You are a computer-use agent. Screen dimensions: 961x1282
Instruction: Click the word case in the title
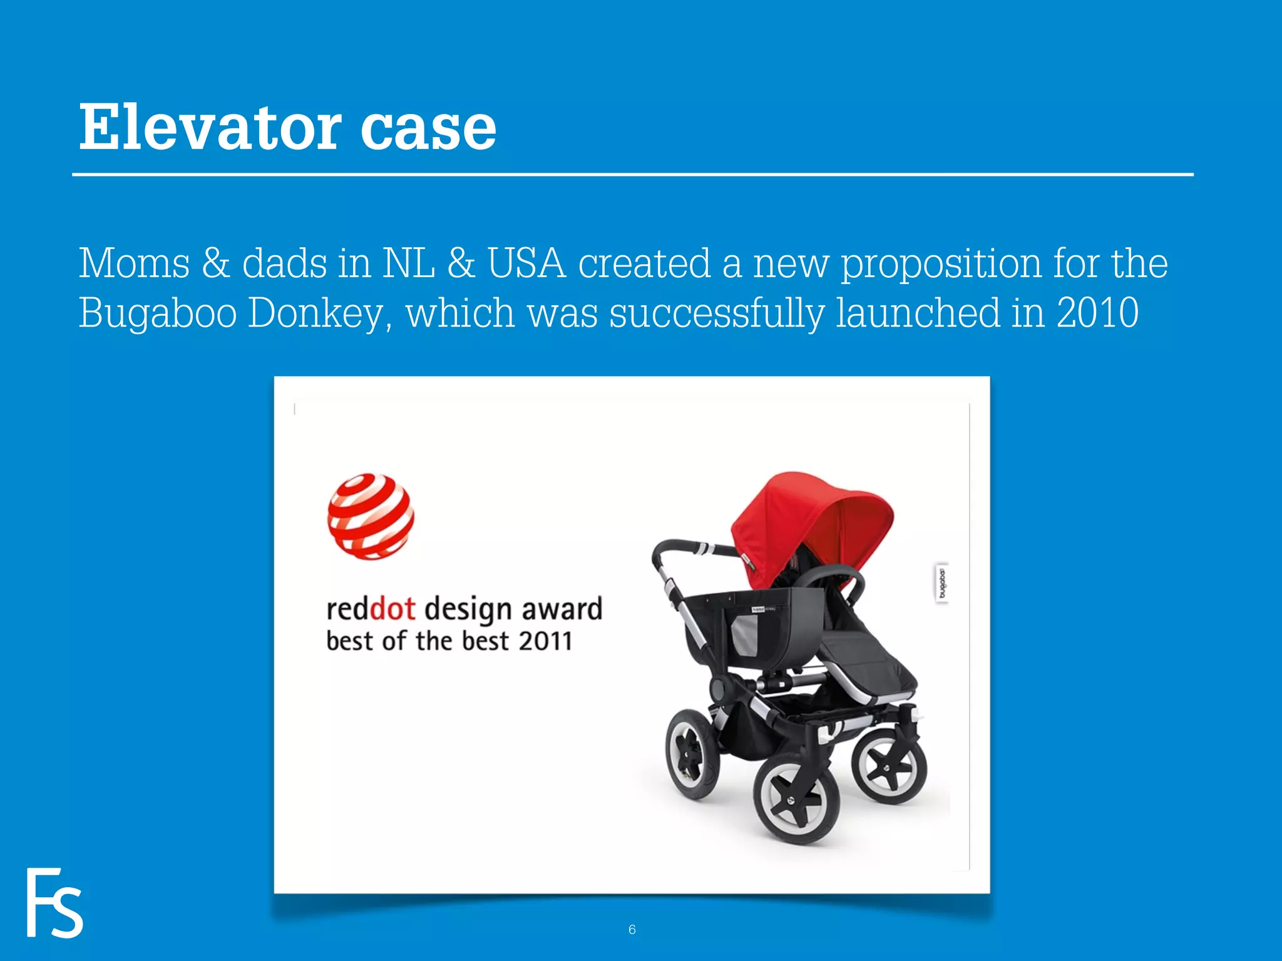coord(428,128)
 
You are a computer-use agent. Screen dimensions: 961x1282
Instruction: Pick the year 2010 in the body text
coord(1097,312)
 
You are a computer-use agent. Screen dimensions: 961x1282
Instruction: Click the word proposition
coord(940,264)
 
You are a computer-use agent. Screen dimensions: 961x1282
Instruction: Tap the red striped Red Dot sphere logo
coord(371,516)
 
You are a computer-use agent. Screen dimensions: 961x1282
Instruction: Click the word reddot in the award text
coord(371,609)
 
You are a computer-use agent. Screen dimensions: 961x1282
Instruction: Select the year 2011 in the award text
coord(545,641)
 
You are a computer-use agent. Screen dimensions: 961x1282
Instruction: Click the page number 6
coord(632,930)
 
